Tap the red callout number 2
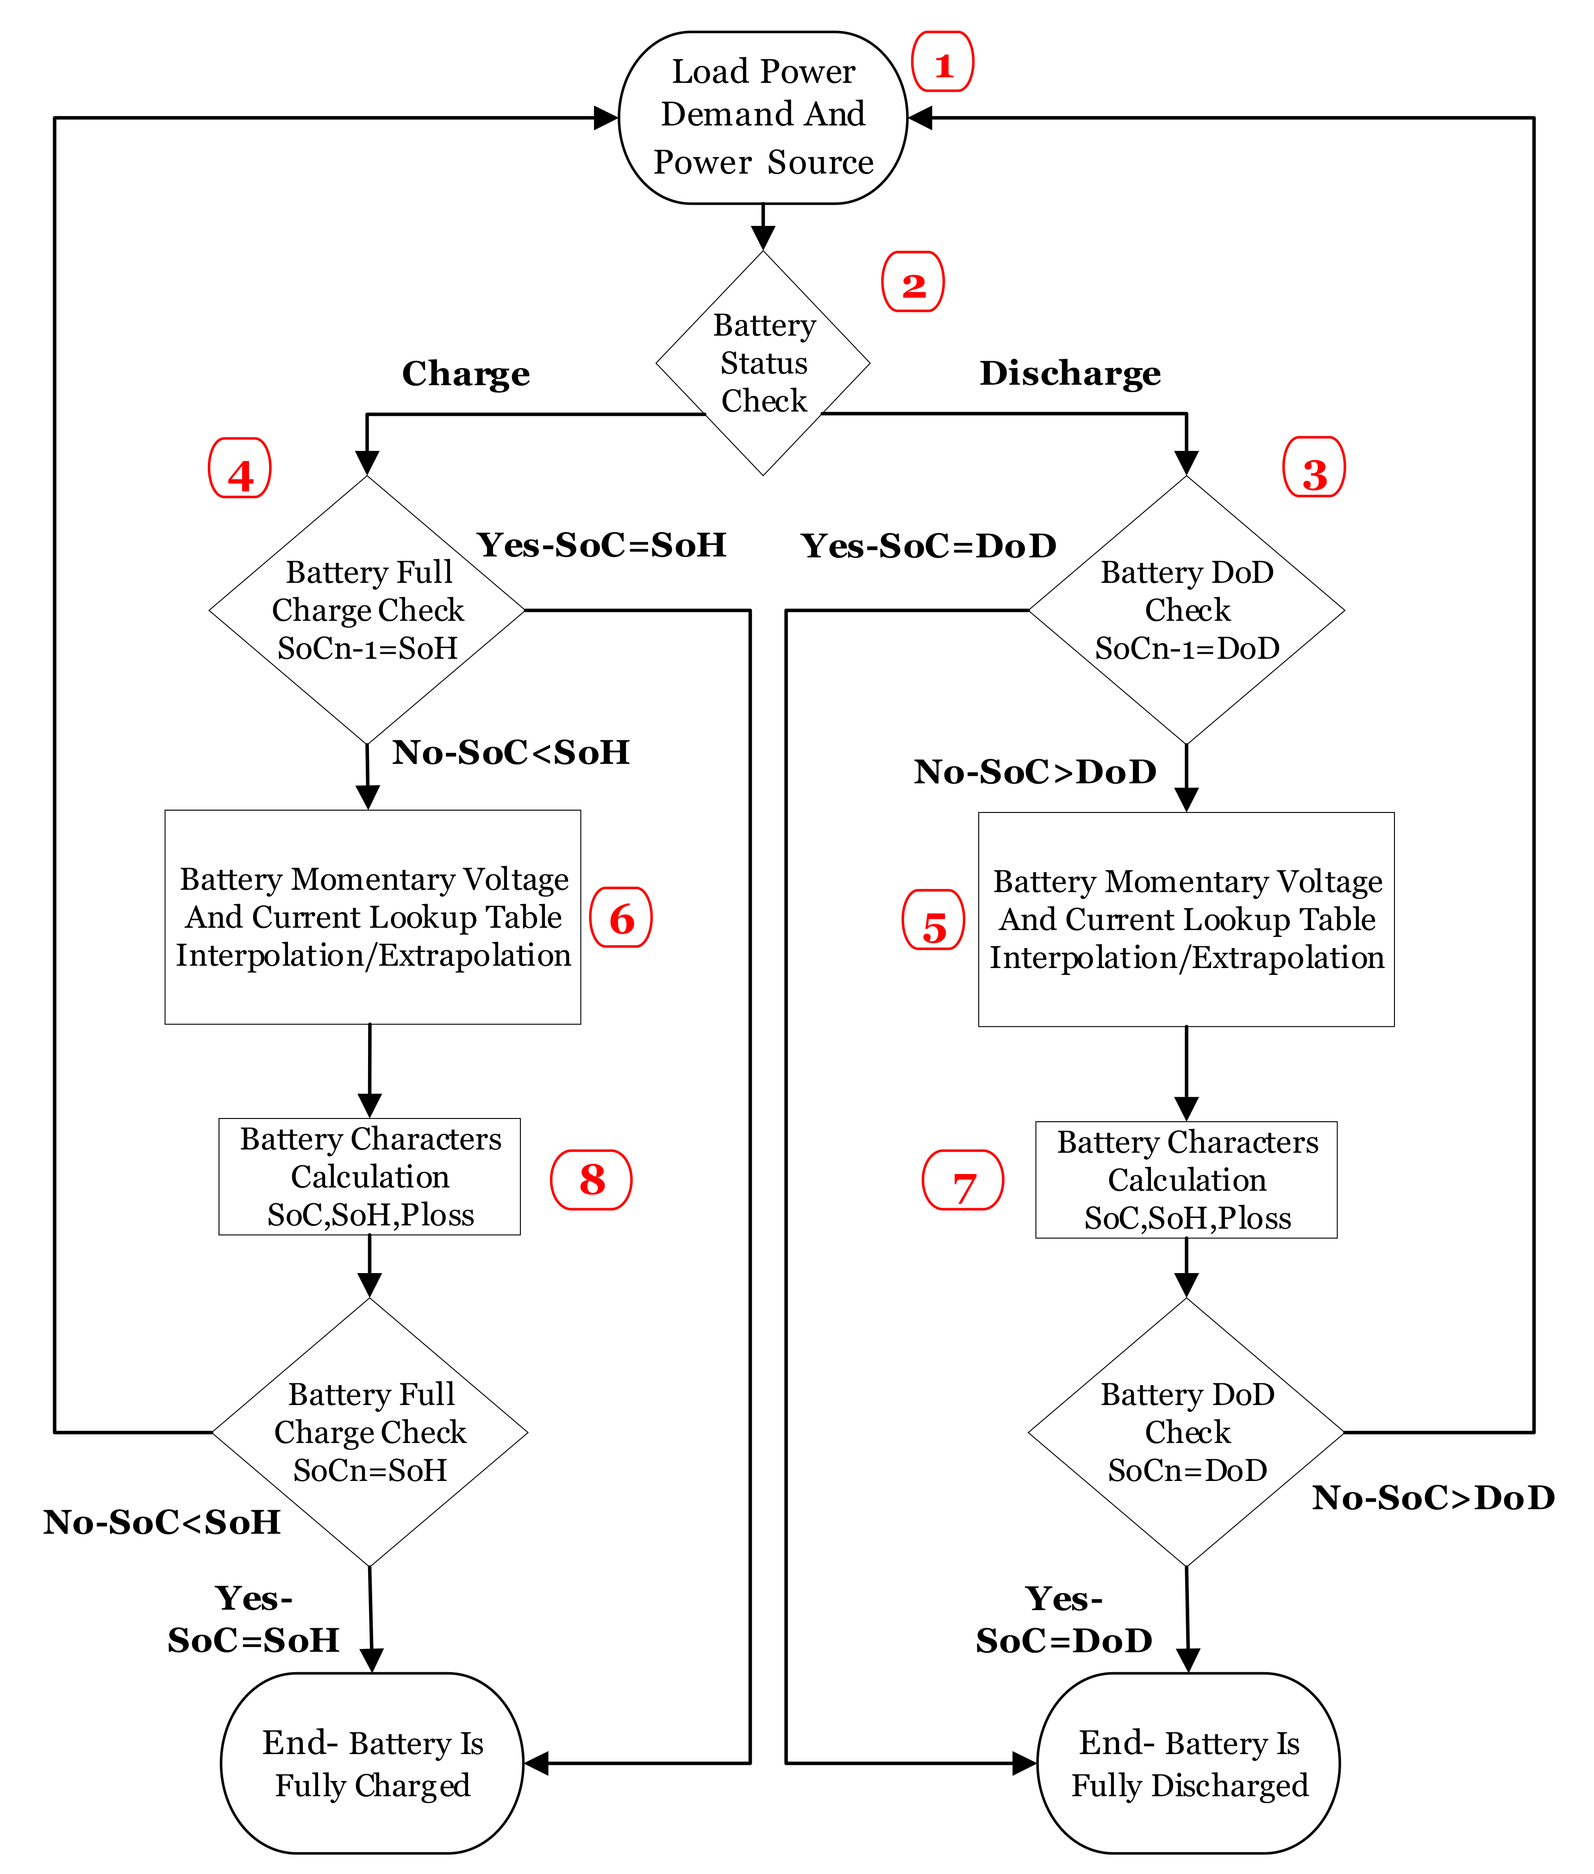(x=913, y=283)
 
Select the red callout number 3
(x=1314, y=468)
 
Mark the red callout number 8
(x=591, y=1180)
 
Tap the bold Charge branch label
(x=465, y=373)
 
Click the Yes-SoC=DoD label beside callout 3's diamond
(x=928, y=546)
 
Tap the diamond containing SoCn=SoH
(x=369, y=1432)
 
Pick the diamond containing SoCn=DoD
(x=1187, y=1432)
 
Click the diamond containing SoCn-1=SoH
(x=367, y=610)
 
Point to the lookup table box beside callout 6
(x=372, y=917)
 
